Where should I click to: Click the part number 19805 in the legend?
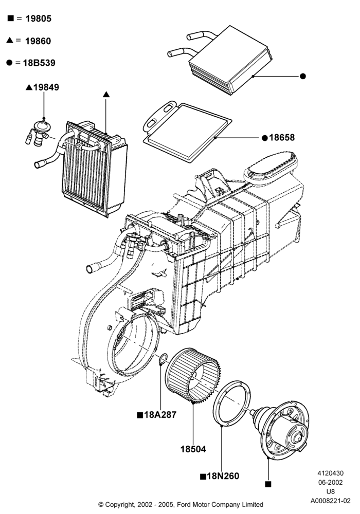click(x=39, y=19)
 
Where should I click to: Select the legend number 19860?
click(x=38, y=41)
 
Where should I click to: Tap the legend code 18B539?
click(x=39, y=63)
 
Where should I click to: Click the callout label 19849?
click(x=46, y=87)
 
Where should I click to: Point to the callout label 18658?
click(x=282, y=138)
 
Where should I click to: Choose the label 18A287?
click(x=160, y=415)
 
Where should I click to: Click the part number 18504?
click(x=193, y=449)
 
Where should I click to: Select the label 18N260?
click(x=223, y=476)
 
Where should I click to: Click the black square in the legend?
click(x=10, y=19)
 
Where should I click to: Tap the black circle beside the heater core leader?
click(x=303, y=76)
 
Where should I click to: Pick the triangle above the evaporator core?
click(x=106, y=95)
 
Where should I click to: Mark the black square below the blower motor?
click(x=268, y=484)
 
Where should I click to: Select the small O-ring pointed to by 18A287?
click(x=163, y=359)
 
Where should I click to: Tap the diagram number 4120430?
click(x=331, y=473)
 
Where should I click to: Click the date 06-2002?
click(x=331, y=483)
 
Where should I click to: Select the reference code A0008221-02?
click(x=331, y=501)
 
